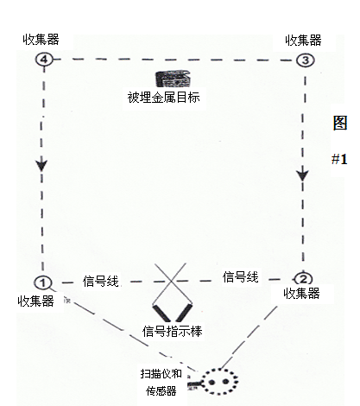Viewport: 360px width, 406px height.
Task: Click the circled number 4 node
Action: (44, 60)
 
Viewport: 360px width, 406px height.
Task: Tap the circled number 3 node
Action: (306, 60)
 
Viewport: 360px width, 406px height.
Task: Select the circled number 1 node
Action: (43, 282)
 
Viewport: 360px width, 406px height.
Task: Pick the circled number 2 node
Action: (304, 279)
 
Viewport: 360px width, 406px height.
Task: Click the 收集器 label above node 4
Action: (41, 40)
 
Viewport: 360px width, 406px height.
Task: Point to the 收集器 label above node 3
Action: (303, 41)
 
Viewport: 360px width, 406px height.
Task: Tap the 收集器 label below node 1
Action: (35, 301)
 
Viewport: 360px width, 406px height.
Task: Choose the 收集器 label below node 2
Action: (301, 294)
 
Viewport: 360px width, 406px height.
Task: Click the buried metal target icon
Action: (173, 79)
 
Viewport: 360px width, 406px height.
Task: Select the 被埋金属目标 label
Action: (163, 98)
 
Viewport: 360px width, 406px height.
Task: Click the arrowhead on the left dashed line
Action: (41, 165)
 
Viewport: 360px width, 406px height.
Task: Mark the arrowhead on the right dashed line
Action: (302, 175)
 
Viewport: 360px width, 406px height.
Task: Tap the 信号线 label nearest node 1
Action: (100, 281)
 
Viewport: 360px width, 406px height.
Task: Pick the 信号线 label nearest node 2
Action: (240, 277)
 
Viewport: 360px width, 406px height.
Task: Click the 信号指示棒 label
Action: (173, 331)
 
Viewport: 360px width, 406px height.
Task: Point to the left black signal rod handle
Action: (161, 314)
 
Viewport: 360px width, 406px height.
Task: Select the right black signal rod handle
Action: (184, 313)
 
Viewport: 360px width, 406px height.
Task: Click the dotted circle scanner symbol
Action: (219, 382)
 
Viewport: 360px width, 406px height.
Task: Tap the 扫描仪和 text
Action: (161, 374)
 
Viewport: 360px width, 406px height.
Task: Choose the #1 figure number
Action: (339, 159)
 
